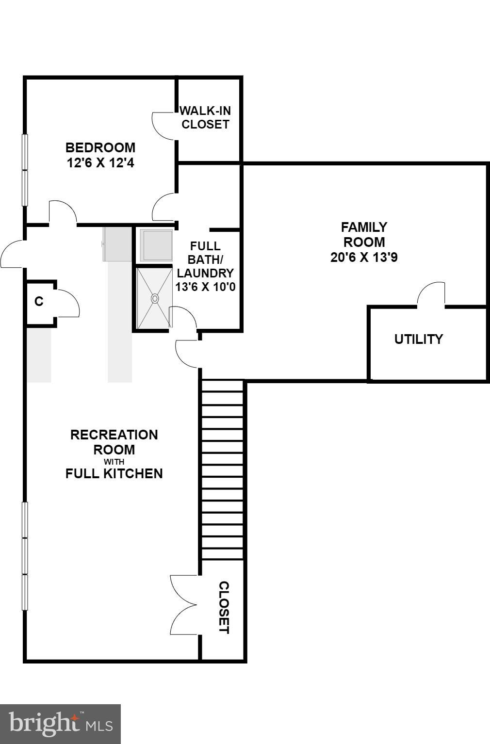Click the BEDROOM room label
100,147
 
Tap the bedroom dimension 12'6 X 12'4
100,162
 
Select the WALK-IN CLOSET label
205,117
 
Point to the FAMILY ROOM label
364,234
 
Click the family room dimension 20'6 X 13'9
364,257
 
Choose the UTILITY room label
418,339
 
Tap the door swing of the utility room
431,294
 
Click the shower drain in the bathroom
155,298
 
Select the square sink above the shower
156,245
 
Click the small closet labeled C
39,302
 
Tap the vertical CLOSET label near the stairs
224,607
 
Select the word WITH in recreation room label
114,462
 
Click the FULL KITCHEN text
114,473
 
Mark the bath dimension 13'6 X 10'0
205,287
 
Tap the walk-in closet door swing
163,126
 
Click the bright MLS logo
60,724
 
